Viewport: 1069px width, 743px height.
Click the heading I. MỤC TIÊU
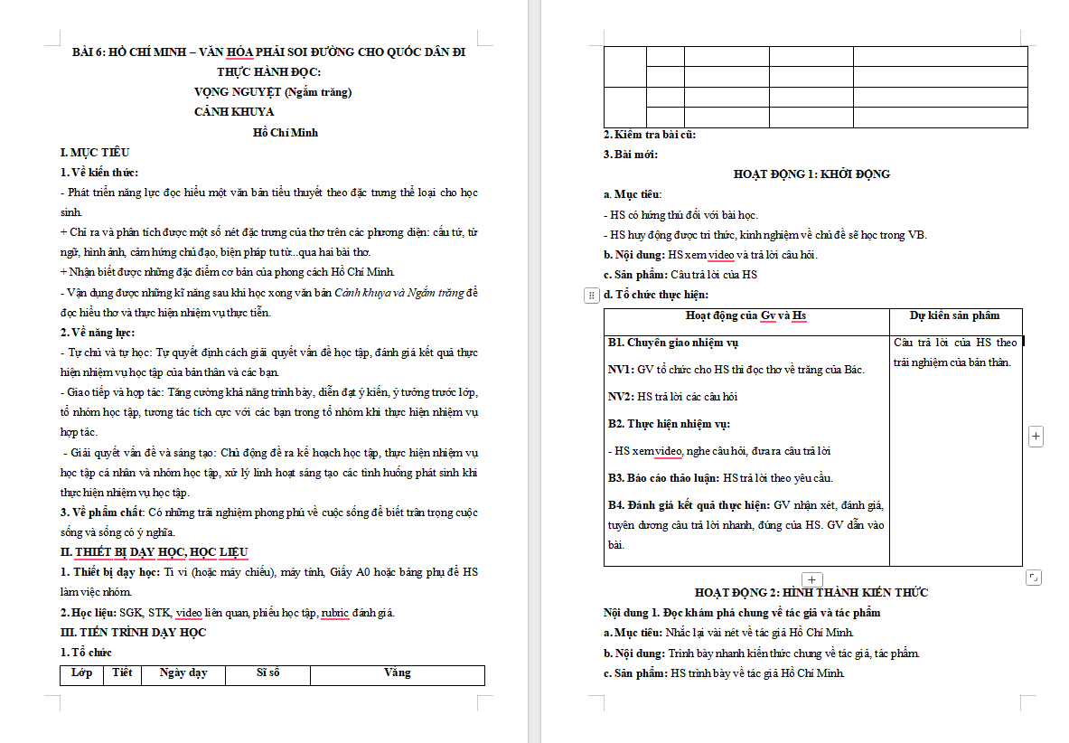[x=95, y=152]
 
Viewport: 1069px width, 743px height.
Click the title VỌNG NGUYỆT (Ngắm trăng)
[x=272, y=91]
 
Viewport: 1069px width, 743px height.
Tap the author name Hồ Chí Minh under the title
[x=286, y=132]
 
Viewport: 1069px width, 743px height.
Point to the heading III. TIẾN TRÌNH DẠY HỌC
[x=133, y=632]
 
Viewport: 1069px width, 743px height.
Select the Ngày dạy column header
[x=183, y=672]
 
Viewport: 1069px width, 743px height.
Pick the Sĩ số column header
[x=268, y=672]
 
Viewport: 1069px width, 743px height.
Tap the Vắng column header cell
[x=397, y=672]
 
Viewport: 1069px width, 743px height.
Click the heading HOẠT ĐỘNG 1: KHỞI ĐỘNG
[x=811, y=174]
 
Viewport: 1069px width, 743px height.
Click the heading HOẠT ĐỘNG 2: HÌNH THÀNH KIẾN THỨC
[x=811, y=592]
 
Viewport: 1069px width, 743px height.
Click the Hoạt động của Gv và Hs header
[x=745, y=315]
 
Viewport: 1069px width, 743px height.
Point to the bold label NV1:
[x=621, y=369]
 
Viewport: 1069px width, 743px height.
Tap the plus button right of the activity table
[x=1036, y=437]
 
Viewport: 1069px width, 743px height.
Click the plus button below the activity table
[x=811, y=579]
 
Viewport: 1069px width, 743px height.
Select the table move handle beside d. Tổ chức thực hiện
[x=591, y=295]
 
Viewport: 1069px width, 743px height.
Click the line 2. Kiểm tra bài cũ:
[x=649, y=135]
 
